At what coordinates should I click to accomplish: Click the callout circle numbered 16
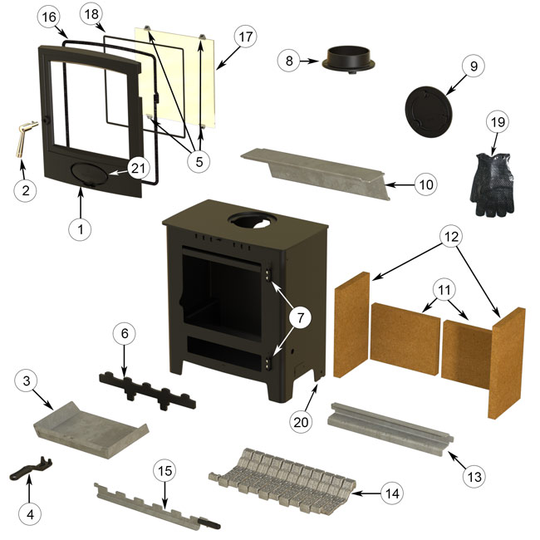coord(49,17)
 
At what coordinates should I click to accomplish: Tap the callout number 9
coord(474,66)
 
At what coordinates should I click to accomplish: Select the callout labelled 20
coord(301,421)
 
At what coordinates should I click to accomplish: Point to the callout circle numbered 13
coord(474,477)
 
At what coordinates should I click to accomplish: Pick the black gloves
coord(492,184)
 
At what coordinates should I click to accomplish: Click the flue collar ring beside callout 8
coord(348,60)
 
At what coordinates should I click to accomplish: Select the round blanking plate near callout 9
coord(427,112)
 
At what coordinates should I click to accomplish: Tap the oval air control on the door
coord(90,171)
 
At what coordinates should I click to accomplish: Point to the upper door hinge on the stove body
coord(268,273)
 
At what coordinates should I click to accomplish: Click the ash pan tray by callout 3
coord(91,430)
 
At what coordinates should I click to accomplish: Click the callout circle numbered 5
coord(199,161)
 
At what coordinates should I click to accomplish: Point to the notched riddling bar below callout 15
coord(157,507)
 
